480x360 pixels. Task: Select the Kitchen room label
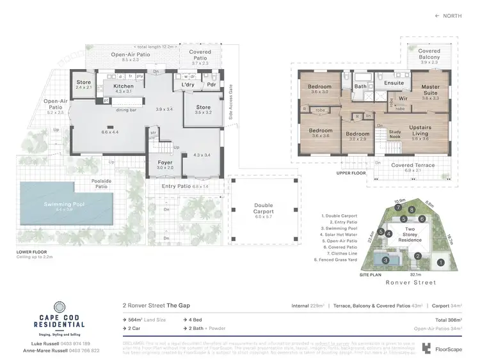coord(123,86)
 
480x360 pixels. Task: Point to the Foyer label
coord(165,162)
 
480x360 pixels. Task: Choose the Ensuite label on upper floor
coord(394,82)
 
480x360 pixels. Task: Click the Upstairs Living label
coord(420,131)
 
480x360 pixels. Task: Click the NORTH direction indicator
coord(447,15)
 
